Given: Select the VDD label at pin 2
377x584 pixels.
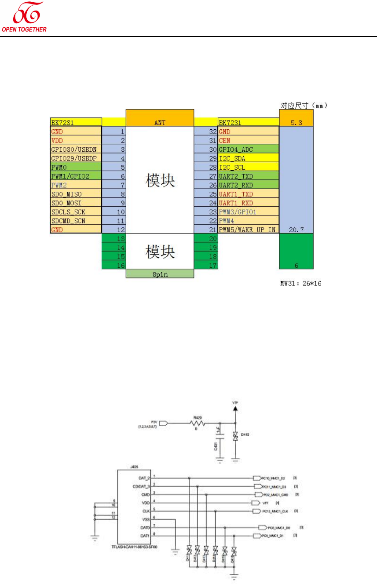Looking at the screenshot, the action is tap(57, 141).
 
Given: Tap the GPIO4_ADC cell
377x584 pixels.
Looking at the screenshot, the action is tap(236, 150).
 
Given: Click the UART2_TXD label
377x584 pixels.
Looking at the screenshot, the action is tap(236, 176).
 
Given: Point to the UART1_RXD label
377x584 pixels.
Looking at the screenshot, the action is tap(236, 203).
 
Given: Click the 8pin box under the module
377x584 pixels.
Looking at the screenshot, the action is tap(160, 274).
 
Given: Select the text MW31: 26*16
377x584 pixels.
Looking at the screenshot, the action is tap(301, 284).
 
